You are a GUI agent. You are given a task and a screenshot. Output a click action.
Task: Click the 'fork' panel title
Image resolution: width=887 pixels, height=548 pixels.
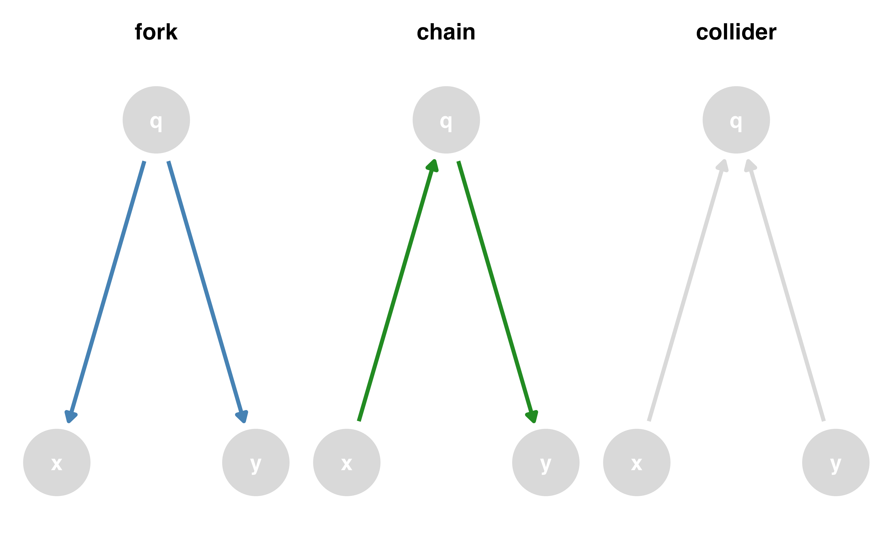click(x=156, y=32)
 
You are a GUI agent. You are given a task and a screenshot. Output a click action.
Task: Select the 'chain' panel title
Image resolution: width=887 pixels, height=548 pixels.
click(x=446, y=32)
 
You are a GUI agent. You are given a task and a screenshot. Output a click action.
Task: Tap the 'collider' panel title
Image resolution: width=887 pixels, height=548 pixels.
click(x=736, y=32)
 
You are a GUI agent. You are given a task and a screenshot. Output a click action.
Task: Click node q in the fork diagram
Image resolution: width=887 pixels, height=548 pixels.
click(x=156, y=120)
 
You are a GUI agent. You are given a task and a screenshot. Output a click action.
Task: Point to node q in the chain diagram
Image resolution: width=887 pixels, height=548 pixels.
click(x=446, y=120)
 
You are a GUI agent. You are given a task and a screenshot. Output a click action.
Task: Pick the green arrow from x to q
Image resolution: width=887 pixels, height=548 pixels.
click(x=396, y=294)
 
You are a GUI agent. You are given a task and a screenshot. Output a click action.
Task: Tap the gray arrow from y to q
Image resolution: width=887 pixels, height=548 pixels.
click(x=787, y=294)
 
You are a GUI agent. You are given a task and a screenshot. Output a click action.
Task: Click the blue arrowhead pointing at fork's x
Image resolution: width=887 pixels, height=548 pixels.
click(x=71, y=417)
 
